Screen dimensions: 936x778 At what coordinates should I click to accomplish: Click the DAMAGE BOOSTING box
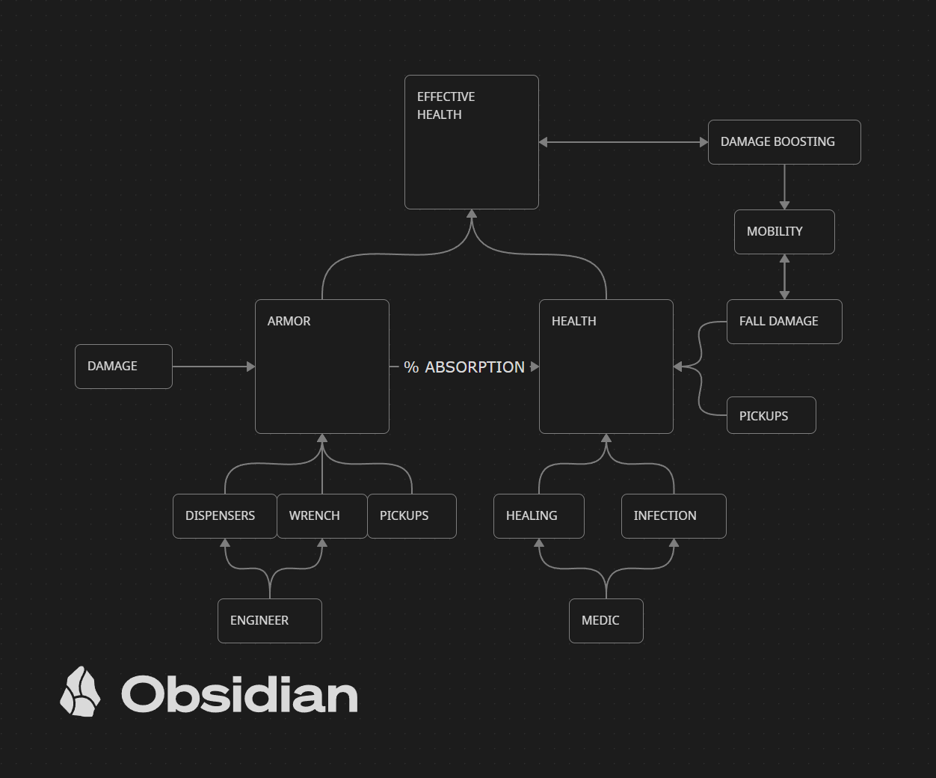[784, 142]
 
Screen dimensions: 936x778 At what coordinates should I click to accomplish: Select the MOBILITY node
[784, 231]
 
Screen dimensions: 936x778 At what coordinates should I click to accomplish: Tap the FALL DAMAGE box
[784, 321]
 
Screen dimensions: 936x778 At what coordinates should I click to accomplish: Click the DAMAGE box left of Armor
[123, 366]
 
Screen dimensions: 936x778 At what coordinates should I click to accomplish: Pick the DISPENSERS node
[224, 515]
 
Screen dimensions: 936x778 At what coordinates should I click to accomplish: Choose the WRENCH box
[322, 515]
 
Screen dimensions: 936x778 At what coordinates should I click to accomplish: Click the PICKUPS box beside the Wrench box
[411, 515]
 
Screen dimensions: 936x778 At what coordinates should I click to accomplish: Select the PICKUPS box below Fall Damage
[771, 415]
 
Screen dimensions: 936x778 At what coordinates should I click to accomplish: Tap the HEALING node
[538, 515]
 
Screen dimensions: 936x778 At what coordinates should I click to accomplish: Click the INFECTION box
[674, 515]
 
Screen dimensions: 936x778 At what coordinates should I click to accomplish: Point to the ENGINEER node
[269, 620]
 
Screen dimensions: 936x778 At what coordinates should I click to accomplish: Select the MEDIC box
[606, 620]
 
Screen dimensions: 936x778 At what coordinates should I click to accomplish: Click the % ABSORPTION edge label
[464, 367]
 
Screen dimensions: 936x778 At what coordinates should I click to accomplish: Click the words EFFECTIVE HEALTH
[446, 105]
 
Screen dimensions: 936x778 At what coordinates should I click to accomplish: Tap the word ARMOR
[289, 321]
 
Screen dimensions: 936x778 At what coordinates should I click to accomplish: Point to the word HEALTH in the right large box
[574, 321]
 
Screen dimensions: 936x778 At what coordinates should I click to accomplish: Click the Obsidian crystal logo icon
[80, 691]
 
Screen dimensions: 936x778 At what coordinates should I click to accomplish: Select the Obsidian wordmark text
[239, 693]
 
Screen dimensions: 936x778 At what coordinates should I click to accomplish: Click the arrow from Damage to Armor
[214, 367]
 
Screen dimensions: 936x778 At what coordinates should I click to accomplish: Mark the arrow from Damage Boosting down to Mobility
[784, 187]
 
